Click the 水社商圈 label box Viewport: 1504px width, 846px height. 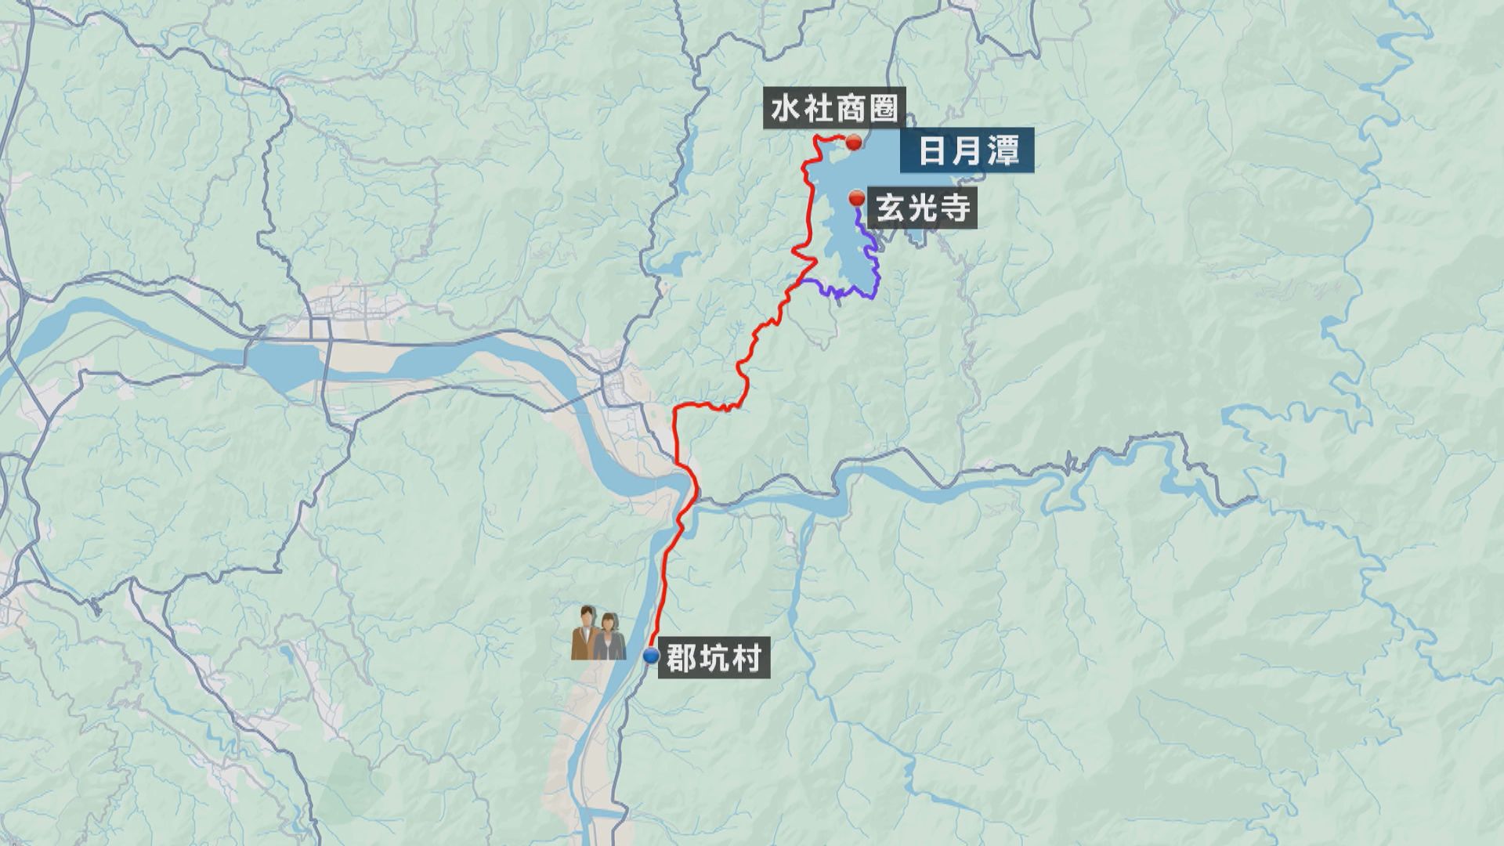coord(833,110)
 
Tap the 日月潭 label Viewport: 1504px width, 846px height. coord(968,151)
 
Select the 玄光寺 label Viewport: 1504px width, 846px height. coord(923,209)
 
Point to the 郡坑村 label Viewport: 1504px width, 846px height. coord(713,659)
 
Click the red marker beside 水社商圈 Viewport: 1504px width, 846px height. coord(854,143)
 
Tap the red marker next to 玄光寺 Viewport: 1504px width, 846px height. coord(856,197)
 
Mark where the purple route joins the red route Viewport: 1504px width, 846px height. coord(804,280)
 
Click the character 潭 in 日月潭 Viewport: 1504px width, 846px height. coord(1003,151)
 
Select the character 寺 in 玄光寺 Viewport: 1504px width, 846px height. coord(955,209)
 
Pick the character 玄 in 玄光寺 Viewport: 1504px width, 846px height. coord(891,209)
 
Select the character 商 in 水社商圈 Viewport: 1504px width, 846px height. coord(849,110)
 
